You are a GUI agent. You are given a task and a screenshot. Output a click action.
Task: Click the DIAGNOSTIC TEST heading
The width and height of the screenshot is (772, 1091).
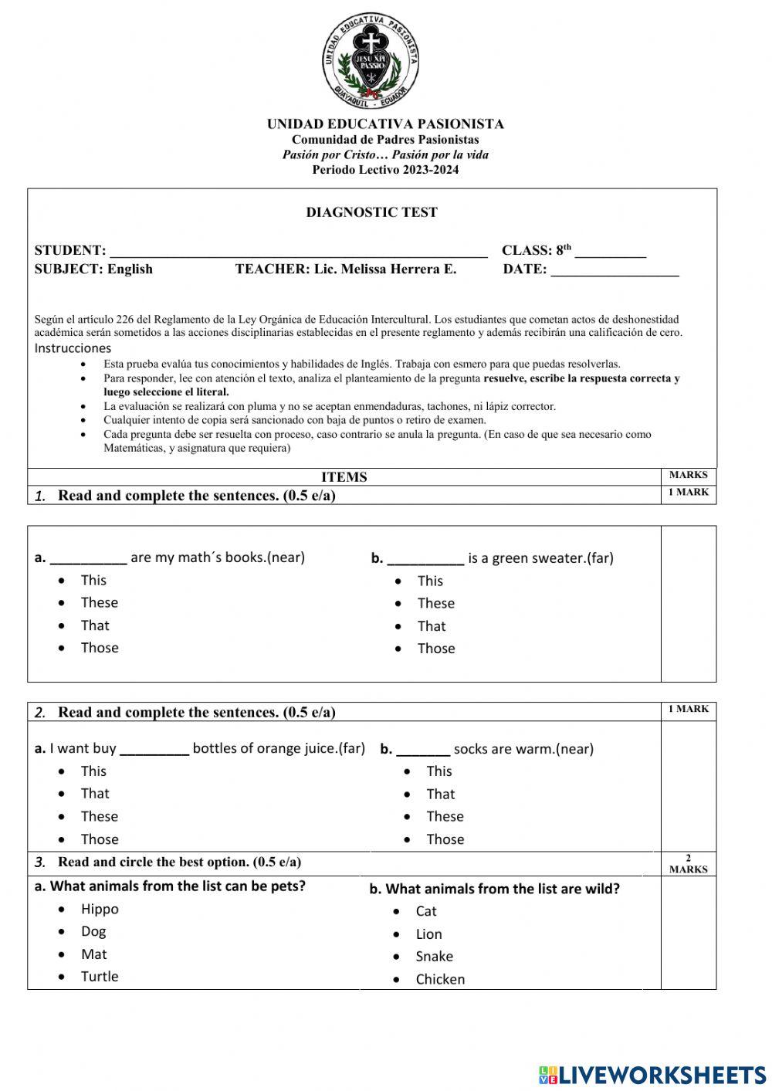point(371,212)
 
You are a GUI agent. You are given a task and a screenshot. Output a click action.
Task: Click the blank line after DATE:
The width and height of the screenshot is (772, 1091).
point(615,270)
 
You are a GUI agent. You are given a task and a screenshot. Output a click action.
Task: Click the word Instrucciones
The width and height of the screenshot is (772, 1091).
point(73,348)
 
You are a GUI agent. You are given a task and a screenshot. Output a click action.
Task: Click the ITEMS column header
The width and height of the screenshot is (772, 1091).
point(344,477)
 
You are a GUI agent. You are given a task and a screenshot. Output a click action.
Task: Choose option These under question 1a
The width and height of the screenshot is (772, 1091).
point(100,603)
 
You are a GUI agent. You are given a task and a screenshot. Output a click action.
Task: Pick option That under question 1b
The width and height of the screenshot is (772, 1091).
point(432,626)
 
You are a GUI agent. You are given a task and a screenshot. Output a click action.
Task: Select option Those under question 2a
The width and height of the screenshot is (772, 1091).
point(100,839)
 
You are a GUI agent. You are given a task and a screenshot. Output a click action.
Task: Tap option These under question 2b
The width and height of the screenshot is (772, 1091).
point(445,817)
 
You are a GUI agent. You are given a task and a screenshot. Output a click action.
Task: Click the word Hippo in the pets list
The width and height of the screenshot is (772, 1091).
point(100,910)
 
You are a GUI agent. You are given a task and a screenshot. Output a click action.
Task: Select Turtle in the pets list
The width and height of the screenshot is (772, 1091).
point(100,977)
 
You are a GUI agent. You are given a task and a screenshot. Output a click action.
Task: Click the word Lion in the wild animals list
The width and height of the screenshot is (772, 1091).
point(428,934)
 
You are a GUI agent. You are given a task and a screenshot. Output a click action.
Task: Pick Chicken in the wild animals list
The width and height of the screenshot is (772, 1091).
point(440,980)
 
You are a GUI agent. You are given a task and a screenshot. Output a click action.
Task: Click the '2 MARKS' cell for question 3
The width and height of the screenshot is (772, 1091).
point(688,864)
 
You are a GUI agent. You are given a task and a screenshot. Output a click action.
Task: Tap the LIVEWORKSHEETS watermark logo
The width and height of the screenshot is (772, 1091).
point(652,1075)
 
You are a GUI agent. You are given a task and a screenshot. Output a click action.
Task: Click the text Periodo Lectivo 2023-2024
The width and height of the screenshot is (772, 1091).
point(385,170)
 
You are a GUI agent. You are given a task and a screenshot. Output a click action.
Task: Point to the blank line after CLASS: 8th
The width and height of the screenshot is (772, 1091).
point(610,252)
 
